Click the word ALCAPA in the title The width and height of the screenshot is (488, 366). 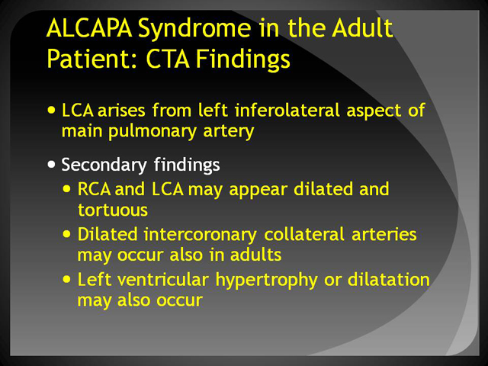[x=89, y=28]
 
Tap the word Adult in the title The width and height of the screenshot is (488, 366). [x=362, y=28]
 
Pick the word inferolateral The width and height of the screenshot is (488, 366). [x=287, y=110]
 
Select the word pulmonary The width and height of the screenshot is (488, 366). [x=152, y=132]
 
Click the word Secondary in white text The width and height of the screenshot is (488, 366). [x=104, y=165]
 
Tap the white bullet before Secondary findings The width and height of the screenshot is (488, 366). [x=51, y=165]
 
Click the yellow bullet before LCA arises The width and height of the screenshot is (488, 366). [x=51, y=110]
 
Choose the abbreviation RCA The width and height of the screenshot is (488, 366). [x=94, y=189]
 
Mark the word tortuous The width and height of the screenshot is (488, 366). [x=113, y=210]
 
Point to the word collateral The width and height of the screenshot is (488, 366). [x=304, y=234]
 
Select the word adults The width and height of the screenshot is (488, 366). [x=255, y=255]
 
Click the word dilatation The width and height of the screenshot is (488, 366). [x=388, y=279]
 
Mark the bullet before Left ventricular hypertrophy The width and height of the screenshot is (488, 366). [x=66, y=279]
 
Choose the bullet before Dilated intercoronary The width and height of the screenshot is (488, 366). [x=66, y=234]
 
